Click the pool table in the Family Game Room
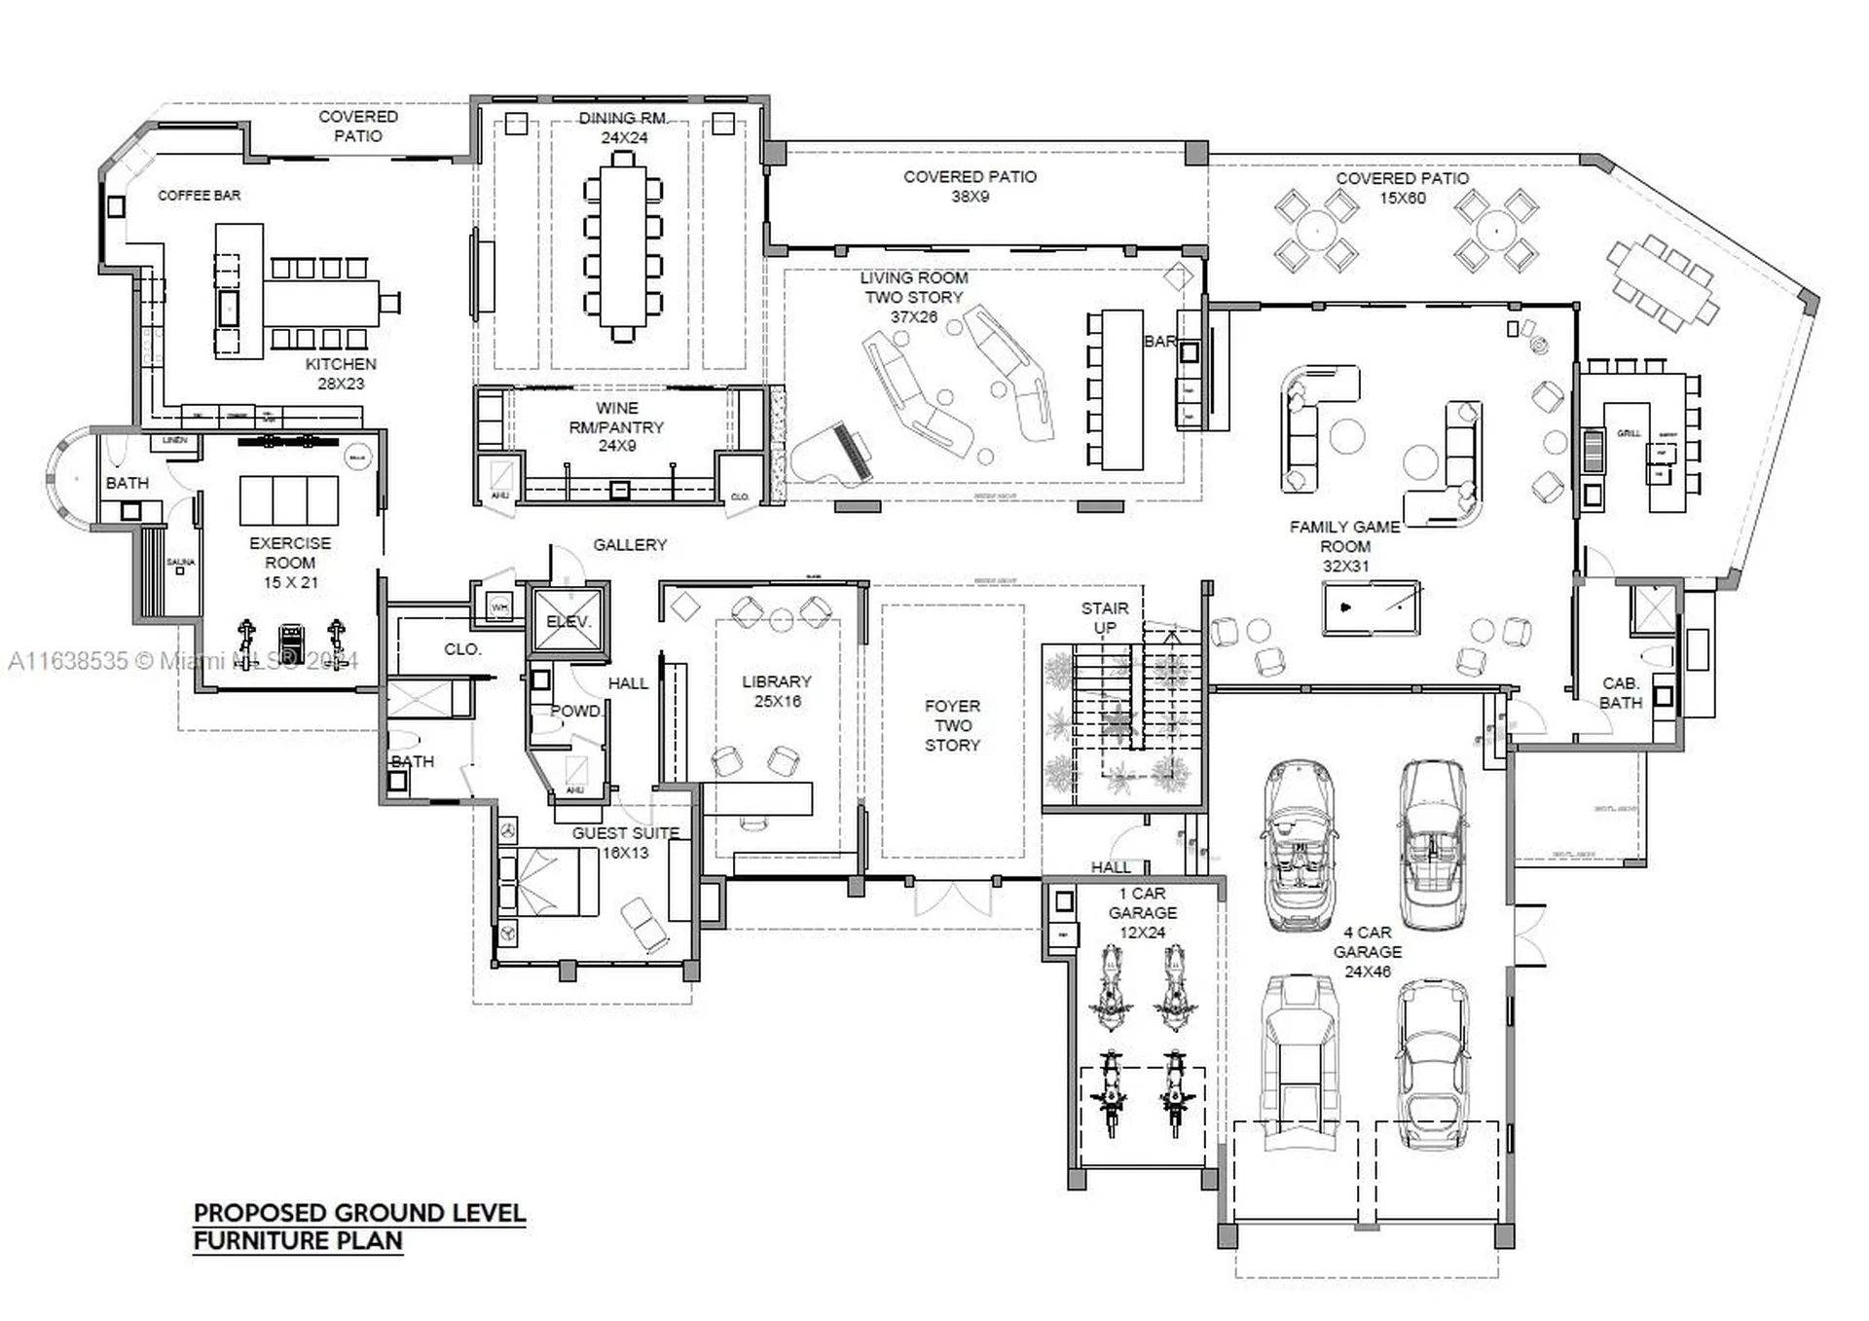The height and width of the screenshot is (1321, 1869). coord(1371,607)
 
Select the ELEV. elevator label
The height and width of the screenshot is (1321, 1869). coord(568,621)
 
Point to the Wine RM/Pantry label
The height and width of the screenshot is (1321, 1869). coord(616,426)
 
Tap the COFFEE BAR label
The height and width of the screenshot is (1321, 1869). coord(200,196)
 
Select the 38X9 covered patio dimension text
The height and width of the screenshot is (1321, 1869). coord(970,197)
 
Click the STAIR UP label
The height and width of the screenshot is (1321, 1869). coord(1105,617)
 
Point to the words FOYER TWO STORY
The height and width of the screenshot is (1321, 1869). coord(952,725)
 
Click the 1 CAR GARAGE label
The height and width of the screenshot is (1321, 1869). coord(1142,903)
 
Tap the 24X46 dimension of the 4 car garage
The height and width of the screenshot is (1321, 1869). coord(1368,972)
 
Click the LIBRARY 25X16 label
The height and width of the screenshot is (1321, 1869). coord(776,691)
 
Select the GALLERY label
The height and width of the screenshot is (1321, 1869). coord(630,545)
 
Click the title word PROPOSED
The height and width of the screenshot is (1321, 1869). coord(260,1213)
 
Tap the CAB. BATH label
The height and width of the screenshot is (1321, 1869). coord(1620,693)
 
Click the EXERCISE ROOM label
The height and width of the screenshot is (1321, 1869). coord(289,553)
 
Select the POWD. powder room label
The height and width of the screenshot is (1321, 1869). coord(574,711)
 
